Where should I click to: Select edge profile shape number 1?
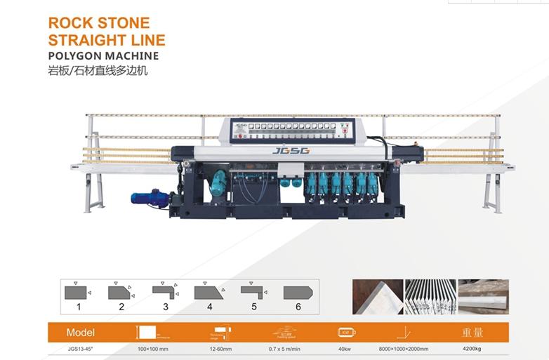(x=77, y=292)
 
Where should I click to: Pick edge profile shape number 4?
(x=209, y=292)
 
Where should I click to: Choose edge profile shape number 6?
(x=298, y=292)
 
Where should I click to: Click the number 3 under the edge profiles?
(x=166, y=307)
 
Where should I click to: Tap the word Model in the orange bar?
(x=80, y=332)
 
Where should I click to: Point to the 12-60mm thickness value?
(x=220, y=349)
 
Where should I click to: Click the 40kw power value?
(x=345, y=349)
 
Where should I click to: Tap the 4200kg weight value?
(x=472, y=349)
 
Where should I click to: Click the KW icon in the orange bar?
(x=345, y=332)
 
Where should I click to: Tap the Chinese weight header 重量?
(x=472, y=332)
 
